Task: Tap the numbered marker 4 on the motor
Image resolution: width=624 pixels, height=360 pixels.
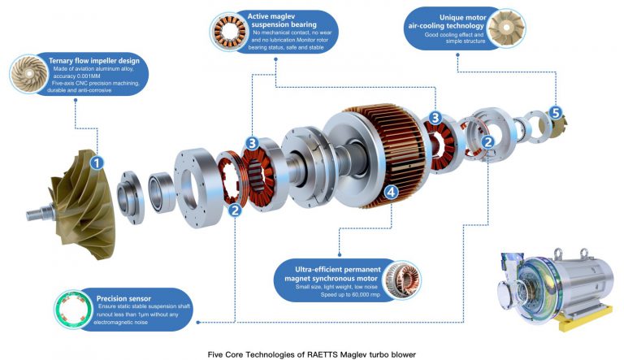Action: (392, 193)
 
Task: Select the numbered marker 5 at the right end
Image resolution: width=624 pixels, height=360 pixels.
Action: (556, 113)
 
